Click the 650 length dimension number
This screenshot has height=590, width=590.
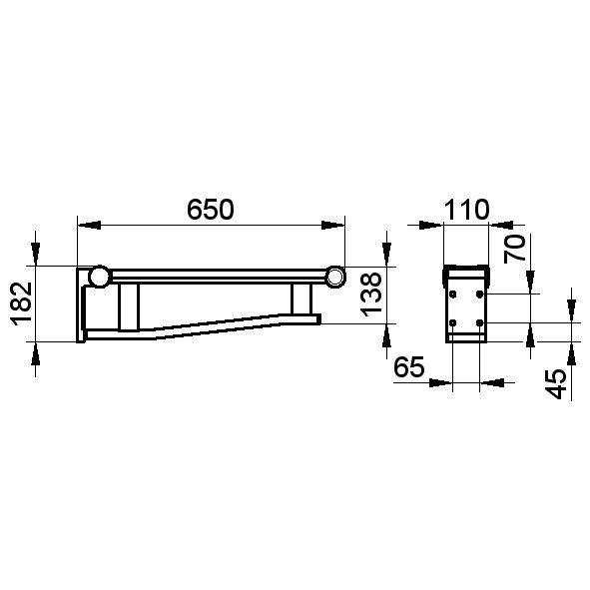coord(211,210)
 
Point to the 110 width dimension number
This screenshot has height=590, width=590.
coord(466,210)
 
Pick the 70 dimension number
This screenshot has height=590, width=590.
coord(514,248)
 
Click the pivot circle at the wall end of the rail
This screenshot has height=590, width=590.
coord(100,277)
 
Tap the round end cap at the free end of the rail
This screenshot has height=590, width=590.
coord(334,277)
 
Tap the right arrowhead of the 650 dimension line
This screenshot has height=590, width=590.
coord(338,226)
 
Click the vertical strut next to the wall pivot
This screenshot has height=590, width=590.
coord(128,305)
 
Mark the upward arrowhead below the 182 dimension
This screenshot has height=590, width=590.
coord(38,351)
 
